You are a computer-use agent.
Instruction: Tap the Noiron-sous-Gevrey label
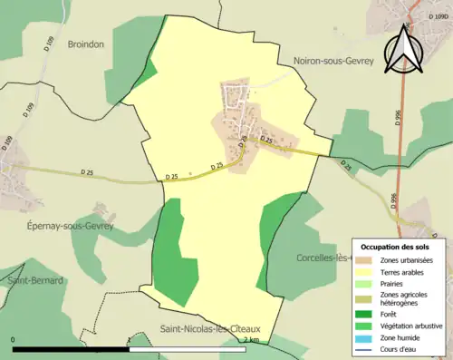[x=333, y=61]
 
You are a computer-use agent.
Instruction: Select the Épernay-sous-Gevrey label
[x=66, y=226]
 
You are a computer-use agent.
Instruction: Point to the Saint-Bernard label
[x=35, y=280]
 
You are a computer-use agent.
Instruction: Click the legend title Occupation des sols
[x=398, y=247]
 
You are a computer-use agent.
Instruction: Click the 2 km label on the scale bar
[x=251, y=339]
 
